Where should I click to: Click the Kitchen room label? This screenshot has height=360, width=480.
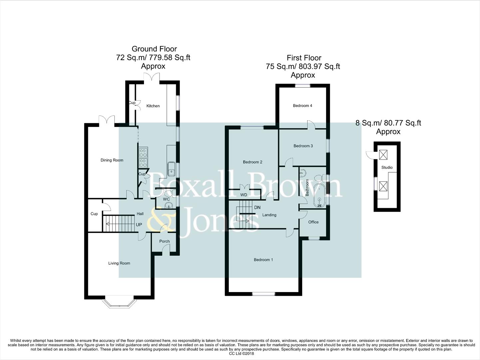click(153, 106)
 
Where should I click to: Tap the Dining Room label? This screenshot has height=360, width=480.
click(112, 160)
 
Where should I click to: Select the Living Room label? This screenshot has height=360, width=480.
click(119, 263)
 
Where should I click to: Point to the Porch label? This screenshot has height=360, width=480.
click(165, 241)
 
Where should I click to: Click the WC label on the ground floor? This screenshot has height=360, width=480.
click(166, 199)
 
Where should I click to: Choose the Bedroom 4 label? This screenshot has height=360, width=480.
click(302, 106)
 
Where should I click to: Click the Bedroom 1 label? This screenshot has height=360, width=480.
click(263, 260)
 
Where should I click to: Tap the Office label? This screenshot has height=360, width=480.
click(313, 222)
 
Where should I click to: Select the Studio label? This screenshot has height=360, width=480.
click(387, 167)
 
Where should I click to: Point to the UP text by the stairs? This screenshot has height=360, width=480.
click(139, 225)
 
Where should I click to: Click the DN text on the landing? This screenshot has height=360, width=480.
click(257, 207)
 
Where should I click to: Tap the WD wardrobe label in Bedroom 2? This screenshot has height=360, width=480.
click(243, 195)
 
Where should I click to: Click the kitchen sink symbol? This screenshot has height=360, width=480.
click(172, 169)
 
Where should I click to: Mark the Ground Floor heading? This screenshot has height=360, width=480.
click(154, 49)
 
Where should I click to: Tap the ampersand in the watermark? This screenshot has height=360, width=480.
click(161, 219)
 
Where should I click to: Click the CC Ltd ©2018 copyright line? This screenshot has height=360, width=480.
click(241, 354)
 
